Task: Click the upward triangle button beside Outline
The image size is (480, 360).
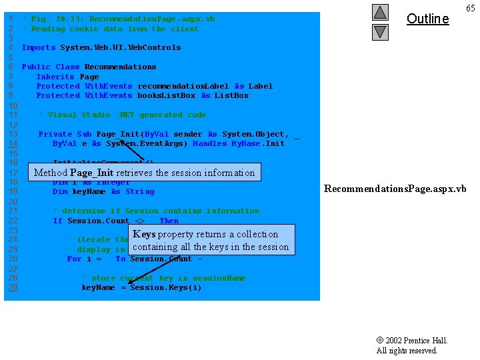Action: click(380, 12)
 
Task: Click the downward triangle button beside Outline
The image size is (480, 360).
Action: click(380, 31)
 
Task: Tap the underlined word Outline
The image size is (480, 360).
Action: click(427, 19)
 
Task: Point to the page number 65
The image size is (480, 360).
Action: click(470, 8)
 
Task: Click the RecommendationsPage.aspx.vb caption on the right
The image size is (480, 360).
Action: click(395, 189)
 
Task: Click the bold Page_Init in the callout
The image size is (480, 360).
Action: click(92, 173)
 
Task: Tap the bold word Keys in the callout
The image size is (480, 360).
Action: click(144, 234)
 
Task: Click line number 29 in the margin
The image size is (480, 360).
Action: click(12, 287)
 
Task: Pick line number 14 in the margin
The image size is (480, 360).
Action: click(12, 143)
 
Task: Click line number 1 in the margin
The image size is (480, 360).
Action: click(10, 19)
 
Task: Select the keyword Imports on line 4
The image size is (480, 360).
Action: click(39, 47)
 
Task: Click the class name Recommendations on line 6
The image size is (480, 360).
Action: click(120, 67)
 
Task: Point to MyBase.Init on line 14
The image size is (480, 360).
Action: click(257, 143)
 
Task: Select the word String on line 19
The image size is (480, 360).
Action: click(139, 191)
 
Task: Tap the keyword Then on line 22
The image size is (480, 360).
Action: click(169, 220)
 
